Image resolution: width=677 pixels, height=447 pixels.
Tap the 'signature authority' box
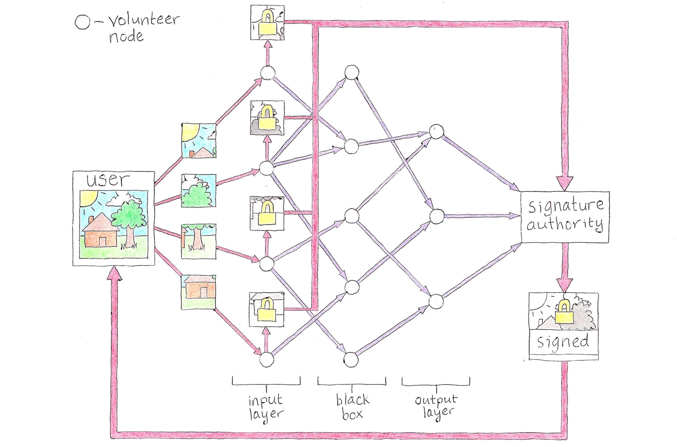tap(565, 217)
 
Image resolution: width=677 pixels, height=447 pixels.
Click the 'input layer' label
tap(266, 406)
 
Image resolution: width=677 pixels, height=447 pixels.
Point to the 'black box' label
tap(352, 406)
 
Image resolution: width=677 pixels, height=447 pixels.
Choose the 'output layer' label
tap(436, 406)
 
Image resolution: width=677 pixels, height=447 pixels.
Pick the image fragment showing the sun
tap(199, 140)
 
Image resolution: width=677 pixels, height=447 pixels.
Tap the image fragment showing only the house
tap(199, 292)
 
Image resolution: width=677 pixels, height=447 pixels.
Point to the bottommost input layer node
tap(267, 359)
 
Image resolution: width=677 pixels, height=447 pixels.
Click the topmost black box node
tap(352, 73)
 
